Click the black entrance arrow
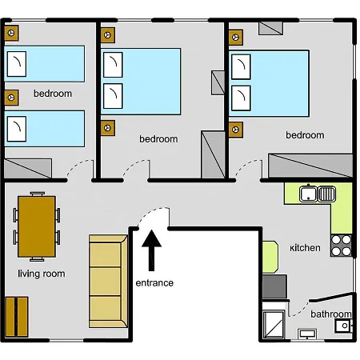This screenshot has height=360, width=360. pos(151,250)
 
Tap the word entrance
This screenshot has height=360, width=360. pos(154,282)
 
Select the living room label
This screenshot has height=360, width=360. pos(42,274)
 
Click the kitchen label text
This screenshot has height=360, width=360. pos(305,248)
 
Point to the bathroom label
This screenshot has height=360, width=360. pos(331,314)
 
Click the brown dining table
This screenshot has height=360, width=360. pos(37,226)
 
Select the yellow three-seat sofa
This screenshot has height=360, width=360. pos(108,281)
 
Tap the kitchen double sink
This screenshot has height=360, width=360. pos(318,194)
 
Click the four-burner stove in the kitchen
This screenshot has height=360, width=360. pos(341,246)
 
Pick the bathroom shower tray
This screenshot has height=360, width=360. pos(274,324)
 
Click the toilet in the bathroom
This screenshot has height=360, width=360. pos(344,326)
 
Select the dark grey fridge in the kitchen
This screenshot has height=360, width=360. pos(274,286)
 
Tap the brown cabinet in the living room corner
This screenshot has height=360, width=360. pos(17,317)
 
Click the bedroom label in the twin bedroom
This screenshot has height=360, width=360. pos(53,94)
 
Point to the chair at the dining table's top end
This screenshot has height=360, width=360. pos(38,194)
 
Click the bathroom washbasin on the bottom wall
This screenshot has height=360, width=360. pos(307,334)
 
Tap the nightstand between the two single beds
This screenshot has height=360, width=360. pos(11,98)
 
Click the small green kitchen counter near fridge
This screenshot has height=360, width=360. pos(270,257)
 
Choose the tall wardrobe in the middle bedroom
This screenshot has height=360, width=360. pos(213,154)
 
